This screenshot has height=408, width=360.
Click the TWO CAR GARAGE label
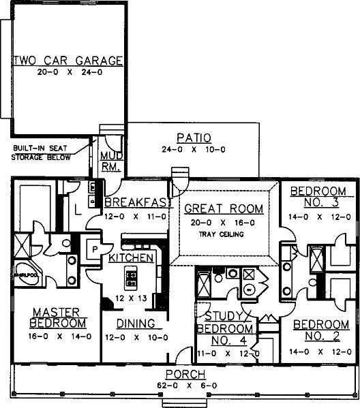point(67,60)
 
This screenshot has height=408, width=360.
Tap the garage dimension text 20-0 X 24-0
point(67,72)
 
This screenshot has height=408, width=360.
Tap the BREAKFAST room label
point(134,202)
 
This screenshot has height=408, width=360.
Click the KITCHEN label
point(131,259)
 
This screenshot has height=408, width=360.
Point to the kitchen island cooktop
point(131,278)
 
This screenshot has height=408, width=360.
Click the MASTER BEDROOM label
point(58,318)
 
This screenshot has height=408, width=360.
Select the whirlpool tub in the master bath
point(25,275)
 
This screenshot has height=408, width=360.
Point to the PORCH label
point(181,375)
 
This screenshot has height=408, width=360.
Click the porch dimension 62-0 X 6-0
point(181,386)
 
